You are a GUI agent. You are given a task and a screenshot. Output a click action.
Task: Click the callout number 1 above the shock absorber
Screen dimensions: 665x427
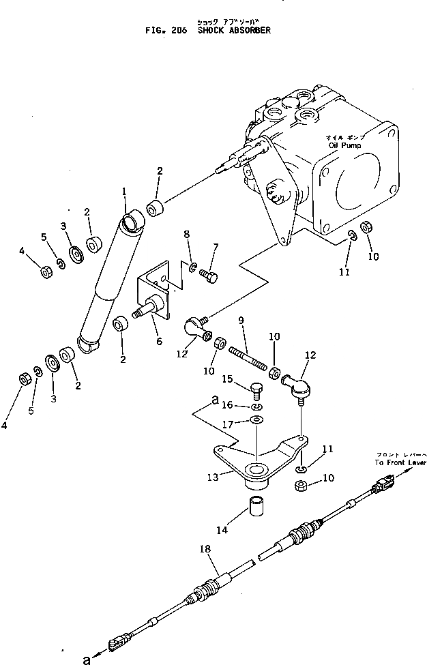[125, 194]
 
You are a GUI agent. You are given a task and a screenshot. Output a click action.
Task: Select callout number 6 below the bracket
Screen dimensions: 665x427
[159, 341]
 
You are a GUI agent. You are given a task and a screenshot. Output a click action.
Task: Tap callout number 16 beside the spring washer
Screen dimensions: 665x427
[227, 404]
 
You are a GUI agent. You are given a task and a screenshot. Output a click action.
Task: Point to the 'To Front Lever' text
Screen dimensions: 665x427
[400, 462]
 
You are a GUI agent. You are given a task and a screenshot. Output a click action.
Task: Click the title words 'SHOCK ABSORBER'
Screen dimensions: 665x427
[235, 31]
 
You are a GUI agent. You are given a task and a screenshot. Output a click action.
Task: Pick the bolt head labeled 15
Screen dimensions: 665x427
[256, 391]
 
